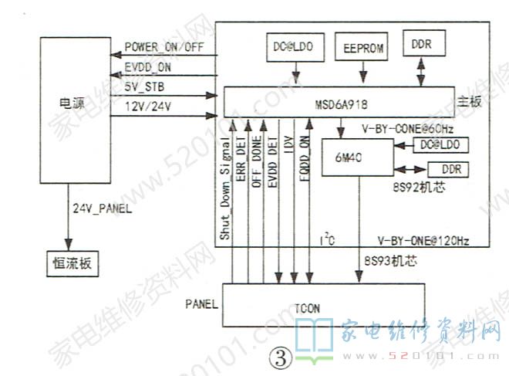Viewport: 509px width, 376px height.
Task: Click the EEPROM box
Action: pyautogui.click(x=361, y=47)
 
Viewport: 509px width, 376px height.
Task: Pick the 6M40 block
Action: pyautogui.click(x=349, y=158)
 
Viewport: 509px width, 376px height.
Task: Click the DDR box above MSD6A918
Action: pyautogui.click(x=421, y=45)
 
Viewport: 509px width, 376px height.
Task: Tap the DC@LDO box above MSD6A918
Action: pyautogui.click(x=295, y=47)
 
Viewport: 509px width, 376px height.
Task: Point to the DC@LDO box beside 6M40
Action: pyautogui.click(x=440, y=144)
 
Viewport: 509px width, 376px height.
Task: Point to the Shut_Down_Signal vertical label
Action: pyautogui.click(x=224, y=187)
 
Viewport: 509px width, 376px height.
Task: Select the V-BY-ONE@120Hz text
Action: pyautogui.click(x=423, y=241)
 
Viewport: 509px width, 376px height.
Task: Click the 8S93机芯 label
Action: pyautogui.click(x=390, y=262)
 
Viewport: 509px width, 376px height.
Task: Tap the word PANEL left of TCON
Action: pyautogui.click(x=202, y=303)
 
